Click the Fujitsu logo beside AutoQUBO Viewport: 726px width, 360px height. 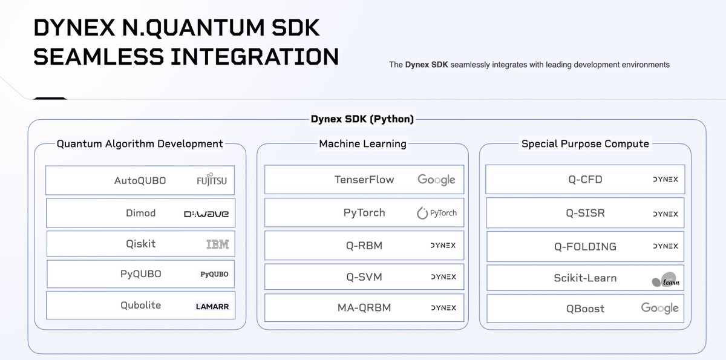point(212,180)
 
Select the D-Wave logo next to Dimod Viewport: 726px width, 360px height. point(206,214)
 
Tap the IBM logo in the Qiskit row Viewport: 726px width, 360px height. point(217,244)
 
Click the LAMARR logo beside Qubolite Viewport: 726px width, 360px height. point(212,306)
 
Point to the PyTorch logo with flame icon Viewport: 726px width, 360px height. point(437,213)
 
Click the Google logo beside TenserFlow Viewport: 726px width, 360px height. point(436,180)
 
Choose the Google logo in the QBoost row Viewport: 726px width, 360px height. point(659,308)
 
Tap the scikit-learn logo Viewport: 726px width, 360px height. point(665,280)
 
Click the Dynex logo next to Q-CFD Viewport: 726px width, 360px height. point(665,180)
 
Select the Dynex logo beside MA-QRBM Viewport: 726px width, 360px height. point(443,307)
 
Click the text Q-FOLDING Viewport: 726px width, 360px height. point(585,246)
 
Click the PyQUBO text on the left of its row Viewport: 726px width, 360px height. point(140,273)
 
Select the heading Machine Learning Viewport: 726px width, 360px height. point(362,143)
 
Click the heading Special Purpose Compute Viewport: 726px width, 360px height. point(585,143)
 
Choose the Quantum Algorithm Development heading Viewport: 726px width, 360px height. point(140,143)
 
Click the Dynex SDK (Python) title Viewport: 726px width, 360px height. point(362,119)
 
